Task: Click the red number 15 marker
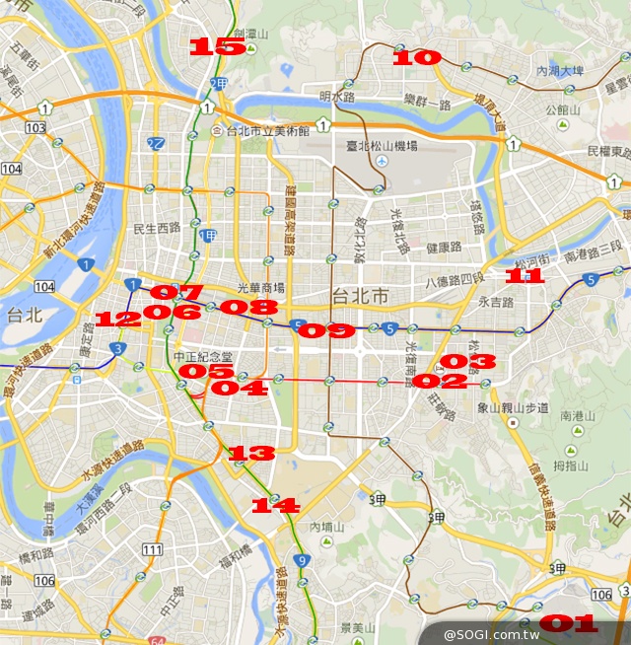click(217, 46)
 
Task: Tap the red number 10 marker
click(416, 58)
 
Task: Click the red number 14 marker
click(275, 505)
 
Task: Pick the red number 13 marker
click(251, 454)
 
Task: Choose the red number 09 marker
click(325, 331)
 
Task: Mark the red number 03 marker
click(467, 362)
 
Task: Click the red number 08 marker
click(248, 308)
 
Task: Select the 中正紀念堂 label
click(202, 356)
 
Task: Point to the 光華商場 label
click(260, 288)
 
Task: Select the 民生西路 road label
click(159, 228)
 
